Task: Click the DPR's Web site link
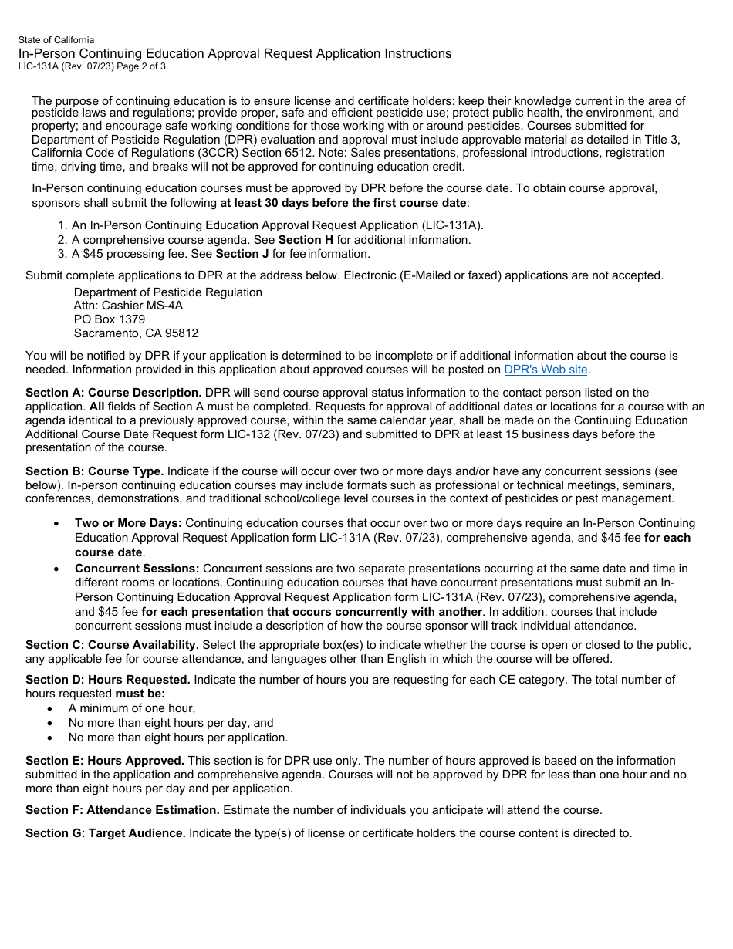point(546,370)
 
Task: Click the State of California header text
point(56,40)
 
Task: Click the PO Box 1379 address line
point(109,319)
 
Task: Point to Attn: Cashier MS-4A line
point(128,306)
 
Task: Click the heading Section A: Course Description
point(113,393)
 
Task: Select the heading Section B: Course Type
point(94,471)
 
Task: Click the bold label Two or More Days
point(128,523)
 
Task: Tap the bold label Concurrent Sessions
point(137,569)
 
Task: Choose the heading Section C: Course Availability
point(112,645)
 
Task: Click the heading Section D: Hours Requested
point(107,680)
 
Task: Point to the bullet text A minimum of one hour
point(131,708)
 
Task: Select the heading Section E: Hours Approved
point(104,761)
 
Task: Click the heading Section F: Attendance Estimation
point(122,810)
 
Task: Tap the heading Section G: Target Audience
point(105,833)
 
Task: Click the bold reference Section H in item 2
point(300,240)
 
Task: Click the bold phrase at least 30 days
point(262,203)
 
